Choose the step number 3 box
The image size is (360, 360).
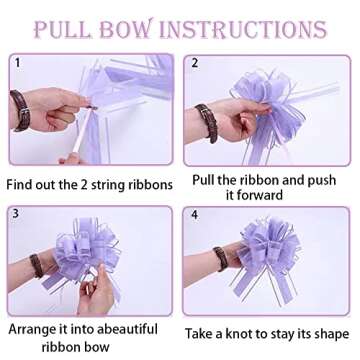coord(15,213)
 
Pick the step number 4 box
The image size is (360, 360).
coord(196,214)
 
